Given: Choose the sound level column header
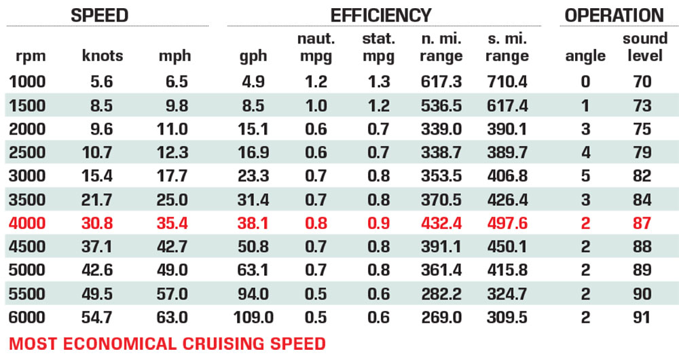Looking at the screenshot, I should (x=642, y=48).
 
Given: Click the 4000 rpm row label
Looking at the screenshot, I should (x=27, y=223).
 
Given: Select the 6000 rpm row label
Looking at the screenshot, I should (x=27, y=317).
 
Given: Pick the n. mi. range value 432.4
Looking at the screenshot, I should (x=441, y=223).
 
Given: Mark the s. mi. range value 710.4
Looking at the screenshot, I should (x=508, y=82).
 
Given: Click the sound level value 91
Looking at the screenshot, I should (x=642, y=317).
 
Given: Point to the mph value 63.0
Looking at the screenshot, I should (x=174, y=317).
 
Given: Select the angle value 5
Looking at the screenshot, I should (x=585, y=176).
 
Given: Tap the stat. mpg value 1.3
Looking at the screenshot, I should (x=378, y=82).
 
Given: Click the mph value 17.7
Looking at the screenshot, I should (x=174, y=176).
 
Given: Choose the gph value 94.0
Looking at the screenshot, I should (x=253, y=294).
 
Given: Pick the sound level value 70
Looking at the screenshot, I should (x=642, y=82).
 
